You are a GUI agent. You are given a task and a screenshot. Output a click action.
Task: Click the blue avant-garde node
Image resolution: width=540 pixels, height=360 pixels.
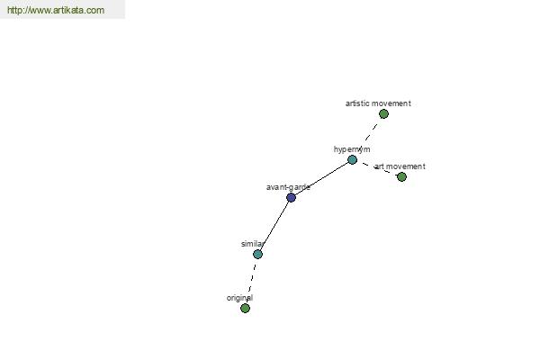(291, 198)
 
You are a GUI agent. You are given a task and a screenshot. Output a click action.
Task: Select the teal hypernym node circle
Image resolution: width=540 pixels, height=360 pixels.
(352, 160)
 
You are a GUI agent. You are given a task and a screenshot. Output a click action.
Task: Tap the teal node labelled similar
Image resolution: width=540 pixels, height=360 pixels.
(257, 254)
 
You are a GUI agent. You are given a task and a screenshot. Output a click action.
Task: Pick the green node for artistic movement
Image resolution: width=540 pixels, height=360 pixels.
(383, 113)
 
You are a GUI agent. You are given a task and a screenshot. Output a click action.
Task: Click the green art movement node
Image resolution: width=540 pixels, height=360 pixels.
(401, 176)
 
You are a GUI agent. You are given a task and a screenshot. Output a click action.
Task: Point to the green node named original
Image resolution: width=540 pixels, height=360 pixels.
(245, 308)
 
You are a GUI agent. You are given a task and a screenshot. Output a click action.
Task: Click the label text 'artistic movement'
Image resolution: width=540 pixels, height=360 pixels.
(378, 103)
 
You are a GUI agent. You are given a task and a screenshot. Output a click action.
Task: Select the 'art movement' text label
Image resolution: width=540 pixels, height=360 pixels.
(400, 166)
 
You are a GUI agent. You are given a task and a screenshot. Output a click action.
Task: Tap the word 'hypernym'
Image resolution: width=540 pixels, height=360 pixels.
(352, 149)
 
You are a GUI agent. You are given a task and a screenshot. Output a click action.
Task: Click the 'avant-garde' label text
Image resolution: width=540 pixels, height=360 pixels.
(288, 187)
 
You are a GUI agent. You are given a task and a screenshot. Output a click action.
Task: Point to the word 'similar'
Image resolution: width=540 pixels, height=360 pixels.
(253, 244)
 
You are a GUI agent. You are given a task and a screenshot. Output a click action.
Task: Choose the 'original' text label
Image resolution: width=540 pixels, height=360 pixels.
(239, 298)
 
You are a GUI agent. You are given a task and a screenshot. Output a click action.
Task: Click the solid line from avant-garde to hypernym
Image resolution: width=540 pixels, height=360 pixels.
(321, 179)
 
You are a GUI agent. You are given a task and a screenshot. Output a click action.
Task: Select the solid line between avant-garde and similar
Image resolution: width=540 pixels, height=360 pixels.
(274, 226)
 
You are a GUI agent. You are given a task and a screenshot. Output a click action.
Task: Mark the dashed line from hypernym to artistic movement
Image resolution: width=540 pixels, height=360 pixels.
(368, 137)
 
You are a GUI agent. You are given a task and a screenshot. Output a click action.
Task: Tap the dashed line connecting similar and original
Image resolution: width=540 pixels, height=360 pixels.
(251, 281)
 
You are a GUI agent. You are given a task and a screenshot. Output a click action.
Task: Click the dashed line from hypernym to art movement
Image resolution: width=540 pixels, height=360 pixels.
(377, 168)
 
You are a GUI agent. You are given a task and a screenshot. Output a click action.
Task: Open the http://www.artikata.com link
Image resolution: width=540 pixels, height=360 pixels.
(56, 10)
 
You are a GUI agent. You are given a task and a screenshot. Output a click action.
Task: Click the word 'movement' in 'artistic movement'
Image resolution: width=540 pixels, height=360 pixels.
(393, 103)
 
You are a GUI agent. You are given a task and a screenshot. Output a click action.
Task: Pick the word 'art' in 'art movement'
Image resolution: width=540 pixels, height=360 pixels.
(379, 166)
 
